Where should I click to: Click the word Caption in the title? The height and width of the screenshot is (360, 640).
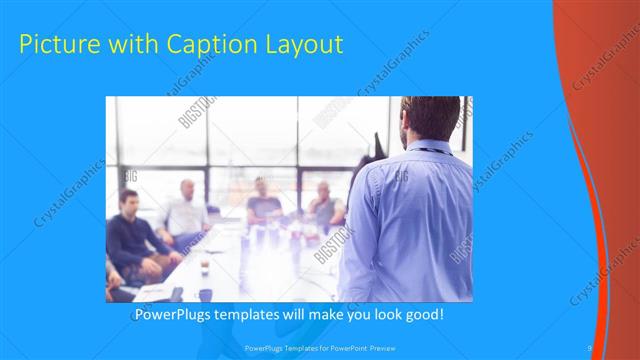click(x=196, y=45)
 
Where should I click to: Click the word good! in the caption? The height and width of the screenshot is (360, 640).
click(x=423, y=316)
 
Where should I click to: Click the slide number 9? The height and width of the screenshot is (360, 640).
click(x=590, y=347)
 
